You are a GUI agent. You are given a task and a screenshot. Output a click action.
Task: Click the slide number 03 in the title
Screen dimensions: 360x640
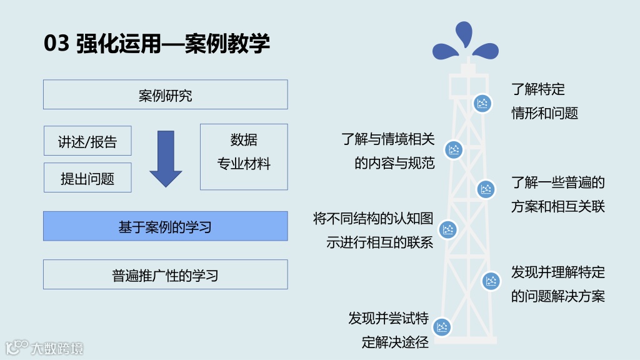(57, 44)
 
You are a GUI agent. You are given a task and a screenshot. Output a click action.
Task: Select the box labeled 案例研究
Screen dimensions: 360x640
(165, 95)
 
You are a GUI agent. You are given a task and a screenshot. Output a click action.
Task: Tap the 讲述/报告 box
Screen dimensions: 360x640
(87, 141)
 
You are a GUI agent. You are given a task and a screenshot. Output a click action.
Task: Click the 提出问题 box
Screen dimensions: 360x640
(87, 178)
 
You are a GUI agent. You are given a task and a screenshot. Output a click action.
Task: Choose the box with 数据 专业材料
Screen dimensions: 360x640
(244, 157)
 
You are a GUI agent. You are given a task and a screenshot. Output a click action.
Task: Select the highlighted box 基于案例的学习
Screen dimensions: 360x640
(165, 226)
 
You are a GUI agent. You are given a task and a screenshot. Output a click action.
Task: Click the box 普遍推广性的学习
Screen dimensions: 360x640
(165, 274)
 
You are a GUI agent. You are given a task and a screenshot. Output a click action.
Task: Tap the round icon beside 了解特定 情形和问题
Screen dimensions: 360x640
(482, 104)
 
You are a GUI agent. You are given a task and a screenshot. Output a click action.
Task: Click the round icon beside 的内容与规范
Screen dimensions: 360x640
(454, 149)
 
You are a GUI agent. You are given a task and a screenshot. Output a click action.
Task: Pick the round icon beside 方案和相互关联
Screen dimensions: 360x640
(486, 189)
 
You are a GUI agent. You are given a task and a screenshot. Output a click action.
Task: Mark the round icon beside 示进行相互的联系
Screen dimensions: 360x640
(447, 229)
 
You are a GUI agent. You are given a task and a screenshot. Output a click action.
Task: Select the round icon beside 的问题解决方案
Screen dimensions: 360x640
(491, 281)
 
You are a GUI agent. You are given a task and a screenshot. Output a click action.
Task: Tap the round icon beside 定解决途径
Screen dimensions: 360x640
(442, 326)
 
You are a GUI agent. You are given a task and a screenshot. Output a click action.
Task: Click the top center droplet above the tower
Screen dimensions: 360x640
(464, 34)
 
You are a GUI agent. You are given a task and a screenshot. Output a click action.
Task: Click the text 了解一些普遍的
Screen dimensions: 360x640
(557, 182)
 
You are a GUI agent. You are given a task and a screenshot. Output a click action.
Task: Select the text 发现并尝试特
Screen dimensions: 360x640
(388, 318)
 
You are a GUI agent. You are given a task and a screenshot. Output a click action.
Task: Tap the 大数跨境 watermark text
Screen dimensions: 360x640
(57, 348)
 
